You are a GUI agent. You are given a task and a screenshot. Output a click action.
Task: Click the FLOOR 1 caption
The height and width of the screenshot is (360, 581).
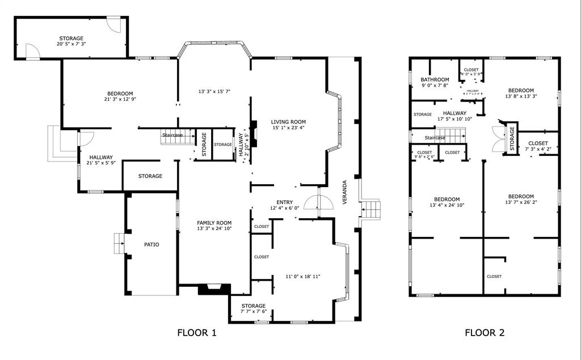click(197, 333)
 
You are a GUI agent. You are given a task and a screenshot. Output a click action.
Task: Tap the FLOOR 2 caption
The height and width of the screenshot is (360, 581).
click(485, 333)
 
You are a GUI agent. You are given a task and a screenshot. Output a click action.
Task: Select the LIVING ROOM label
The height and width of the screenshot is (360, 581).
click(288, 122)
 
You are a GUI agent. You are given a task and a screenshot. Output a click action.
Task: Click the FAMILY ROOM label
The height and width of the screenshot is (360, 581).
click(214, 223)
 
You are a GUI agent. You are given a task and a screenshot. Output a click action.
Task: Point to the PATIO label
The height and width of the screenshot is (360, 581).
click(151, 245)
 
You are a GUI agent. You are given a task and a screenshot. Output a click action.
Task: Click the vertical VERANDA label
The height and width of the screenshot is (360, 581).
click(344, 194)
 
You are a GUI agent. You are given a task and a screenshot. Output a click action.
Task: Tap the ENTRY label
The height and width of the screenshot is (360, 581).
click(284, 202)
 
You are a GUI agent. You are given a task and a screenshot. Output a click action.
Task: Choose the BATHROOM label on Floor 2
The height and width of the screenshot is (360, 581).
click(435, 80)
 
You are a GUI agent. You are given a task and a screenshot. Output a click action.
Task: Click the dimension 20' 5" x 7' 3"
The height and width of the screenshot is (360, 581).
click(71, 44)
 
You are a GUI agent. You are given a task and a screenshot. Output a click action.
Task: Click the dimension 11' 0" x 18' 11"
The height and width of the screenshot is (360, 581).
click(303, 277)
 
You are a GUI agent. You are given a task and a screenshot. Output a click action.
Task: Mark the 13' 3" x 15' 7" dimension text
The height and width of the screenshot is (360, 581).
click(214, 91)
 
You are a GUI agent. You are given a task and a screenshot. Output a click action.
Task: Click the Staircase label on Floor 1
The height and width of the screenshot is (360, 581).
click(172, 135)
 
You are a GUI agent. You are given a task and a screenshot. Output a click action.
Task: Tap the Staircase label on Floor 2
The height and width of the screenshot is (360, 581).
click(435, 138)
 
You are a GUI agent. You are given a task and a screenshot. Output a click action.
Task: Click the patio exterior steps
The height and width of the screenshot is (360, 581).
click(119, 244)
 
